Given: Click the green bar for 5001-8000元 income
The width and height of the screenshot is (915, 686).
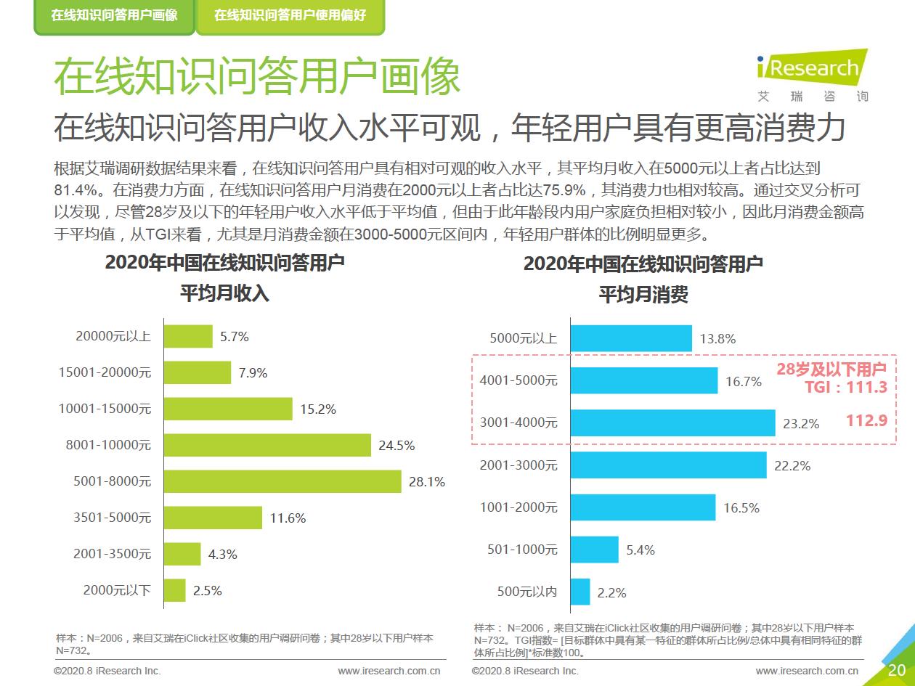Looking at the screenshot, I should click(282, 481).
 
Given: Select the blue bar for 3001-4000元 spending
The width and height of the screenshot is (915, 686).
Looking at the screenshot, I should click(672, 422).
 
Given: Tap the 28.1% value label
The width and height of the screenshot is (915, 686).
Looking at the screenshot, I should click(427, 481).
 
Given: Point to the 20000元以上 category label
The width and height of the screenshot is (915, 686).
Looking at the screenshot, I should click(113, 336).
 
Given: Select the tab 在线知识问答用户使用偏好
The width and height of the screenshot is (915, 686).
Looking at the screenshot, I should click(290, 15).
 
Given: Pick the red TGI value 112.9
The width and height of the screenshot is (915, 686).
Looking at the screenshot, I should click(866, 420).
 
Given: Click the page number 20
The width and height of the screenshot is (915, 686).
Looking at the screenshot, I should click(896, 669).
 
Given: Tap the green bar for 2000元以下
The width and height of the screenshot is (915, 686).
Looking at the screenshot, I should click(175, 590).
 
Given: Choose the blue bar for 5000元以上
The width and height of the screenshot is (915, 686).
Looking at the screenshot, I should click(631, 338).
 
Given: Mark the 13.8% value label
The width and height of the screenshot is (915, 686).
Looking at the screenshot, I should click(717, 338).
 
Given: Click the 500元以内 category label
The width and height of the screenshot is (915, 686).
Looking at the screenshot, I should click(527, 592).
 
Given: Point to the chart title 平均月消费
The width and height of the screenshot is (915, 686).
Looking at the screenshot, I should click(643, 295).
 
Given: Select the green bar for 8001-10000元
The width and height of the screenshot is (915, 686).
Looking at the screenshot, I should click(267, 445).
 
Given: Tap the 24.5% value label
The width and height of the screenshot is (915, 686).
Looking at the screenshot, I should click(396, 446).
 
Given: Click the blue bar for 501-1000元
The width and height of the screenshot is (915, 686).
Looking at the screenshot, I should click(594, 550).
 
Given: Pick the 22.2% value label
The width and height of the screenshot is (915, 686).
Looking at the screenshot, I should click(792, 465).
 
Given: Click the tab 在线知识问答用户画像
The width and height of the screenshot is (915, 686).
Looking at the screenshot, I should click(114, 15).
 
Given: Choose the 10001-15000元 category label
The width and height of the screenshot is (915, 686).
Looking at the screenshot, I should click(105, 409).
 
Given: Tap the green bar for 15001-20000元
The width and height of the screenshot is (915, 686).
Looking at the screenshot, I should click(198, 372).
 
